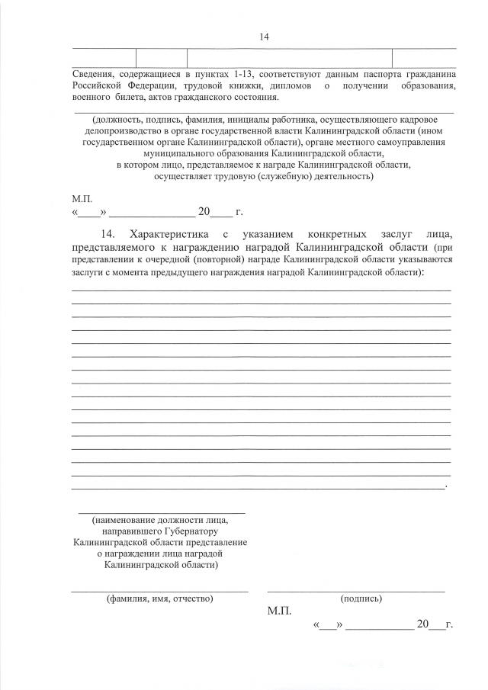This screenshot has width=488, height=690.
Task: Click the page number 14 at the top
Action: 265,36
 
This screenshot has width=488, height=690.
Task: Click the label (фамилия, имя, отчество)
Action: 159,599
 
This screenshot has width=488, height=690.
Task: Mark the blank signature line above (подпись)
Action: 355,590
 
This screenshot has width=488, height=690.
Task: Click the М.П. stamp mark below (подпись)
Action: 279,611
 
